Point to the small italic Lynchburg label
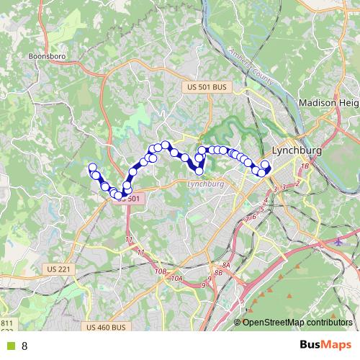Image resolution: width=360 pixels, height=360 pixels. (x=206, y=184)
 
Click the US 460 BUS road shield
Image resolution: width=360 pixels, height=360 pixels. (x=105, y=328)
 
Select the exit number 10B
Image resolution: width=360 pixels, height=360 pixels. (x=160, y=271)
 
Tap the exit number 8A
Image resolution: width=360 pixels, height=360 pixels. (x=225, y=266)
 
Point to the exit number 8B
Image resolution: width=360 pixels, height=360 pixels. (x=218, y=274)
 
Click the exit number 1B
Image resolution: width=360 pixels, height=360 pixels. (x=305, y=166)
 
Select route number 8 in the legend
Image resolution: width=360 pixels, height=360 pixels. (x=24, y=346)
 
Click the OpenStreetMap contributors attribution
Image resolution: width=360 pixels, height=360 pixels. (x=297, y=323)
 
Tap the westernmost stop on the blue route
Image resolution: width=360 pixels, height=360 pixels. (x=92, y=168)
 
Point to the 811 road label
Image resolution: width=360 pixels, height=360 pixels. (x=6, y=323)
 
